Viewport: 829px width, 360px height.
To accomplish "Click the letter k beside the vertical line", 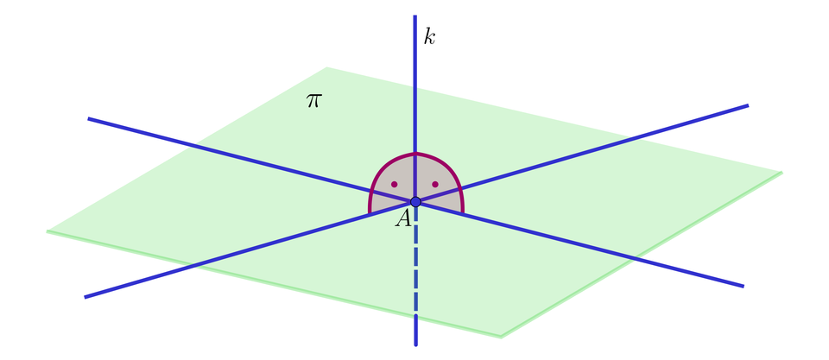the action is point(429,36).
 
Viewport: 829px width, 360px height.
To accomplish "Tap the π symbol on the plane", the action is point(313,100).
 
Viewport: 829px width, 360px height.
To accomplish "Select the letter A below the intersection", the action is point(403,218).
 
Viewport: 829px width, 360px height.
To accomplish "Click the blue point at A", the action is point(415,201).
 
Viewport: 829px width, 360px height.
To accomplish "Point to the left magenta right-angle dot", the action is point(395,185).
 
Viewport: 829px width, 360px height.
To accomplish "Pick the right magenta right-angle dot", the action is point(435,185).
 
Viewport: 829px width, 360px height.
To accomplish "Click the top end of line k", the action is point(415,16).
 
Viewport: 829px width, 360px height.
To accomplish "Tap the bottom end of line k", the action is point(415,345).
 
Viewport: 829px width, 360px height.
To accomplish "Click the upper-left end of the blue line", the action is point(88,118).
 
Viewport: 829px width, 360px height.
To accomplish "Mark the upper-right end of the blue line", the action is point(748,105).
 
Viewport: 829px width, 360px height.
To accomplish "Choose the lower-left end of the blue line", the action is point(85,297).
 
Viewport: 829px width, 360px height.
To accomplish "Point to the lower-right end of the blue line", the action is point(744,287).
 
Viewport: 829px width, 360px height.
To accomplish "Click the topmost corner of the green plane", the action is point(327,67).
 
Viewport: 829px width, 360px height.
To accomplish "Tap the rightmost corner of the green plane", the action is point(782,172).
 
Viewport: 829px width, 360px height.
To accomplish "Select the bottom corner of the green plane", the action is point(501,337).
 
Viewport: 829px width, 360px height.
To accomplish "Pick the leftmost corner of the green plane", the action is point(47,231).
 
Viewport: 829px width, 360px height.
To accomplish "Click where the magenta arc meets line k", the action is point(415,154).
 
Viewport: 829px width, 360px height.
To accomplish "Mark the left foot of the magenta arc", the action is point(369,212).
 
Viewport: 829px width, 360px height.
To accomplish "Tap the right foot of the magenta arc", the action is point(463,212).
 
